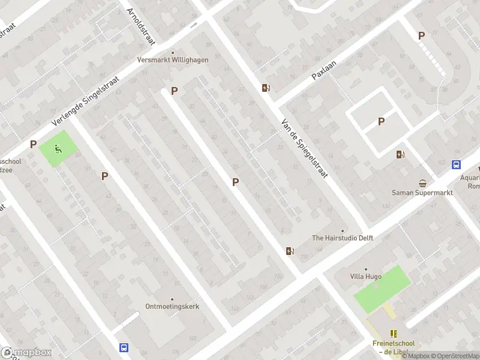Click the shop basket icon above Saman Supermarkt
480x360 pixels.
pyautogui.click(x=424, y=183)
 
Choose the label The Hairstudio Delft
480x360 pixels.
pyautogui.click(x=343, y=238)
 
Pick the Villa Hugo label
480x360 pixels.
pyautogui.click(x=365, y=277)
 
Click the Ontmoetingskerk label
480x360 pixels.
pyautogui.click(x=172, y=306)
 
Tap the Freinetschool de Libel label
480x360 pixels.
pyautogui.click(x=393, y=347)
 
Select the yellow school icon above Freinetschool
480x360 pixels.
pyautogui.click(x=394, y=334)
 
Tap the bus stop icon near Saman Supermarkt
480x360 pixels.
pyautogui.click(x=456, y=164)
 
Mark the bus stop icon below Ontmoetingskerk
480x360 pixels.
pyautogui.click(x=124, y=347)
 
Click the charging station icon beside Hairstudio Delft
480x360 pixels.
pyautogui.click(x=290, y=251)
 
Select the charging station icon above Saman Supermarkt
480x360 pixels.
pyautogui.click(x=400, y=154)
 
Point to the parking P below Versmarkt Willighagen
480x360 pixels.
pyautogui.click(x=175, y=91)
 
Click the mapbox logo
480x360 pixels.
pyautogui.click(x=26, y=353)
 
